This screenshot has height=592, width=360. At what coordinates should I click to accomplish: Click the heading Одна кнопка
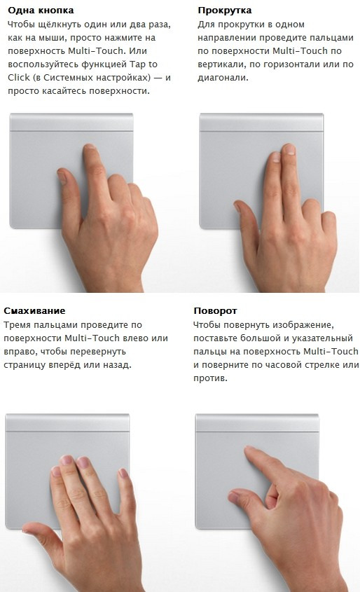coord(41,11)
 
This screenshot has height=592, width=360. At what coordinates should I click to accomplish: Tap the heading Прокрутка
coord(225,11)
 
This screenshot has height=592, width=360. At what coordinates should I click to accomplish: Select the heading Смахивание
coord(34,311)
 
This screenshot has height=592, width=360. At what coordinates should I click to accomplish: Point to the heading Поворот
coord(215,311)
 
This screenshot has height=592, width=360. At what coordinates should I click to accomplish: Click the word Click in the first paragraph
coord(18,77)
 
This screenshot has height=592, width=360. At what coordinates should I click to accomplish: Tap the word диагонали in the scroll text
coord(223,78)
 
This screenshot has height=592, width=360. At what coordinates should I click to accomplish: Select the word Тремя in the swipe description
coord(17,325)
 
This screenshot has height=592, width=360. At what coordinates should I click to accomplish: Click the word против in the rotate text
coord(210,378)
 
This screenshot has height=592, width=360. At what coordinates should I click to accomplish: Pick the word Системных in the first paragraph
coord(69,77)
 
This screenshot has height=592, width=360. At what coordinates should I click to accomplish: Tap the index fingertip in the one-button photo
coord(89,146)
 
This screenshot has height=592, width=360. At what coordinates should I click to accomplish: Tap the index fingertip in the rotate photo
coord(249,449)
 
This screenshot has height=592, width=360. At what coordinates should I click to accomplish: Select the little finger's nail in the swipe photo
coord(123,472)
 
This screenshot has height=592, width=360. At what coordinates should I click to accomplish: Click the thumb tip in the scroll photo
coord(237,205)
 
